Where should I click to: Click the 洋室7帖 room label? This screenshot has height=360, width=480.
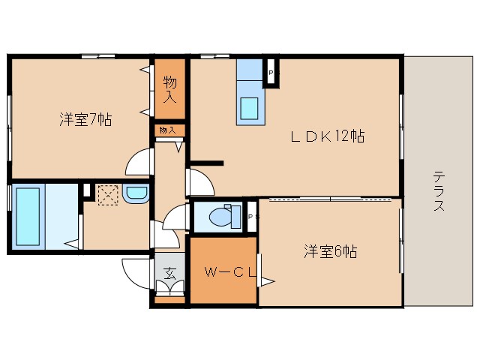(x=86, y=119)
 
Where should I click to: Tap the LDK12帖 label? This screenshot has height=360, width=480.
(x=328, y=137)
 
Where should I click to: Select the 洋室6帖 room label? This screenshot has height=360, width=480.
(x=330, y=251)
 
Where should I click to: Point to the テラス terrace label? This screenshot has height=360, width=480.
(x=438, y=192)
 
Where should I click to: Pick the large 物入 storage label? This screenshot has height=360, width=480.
(x=170, y=88)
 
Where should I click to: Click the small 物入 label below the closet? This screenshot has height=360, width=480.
(x=168, y=130)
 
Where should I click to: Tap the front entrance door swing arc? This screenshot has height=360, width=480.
(x=135, y=271)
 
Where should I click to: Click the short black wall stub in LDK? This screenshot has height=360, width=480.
(x=206, y=162)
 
